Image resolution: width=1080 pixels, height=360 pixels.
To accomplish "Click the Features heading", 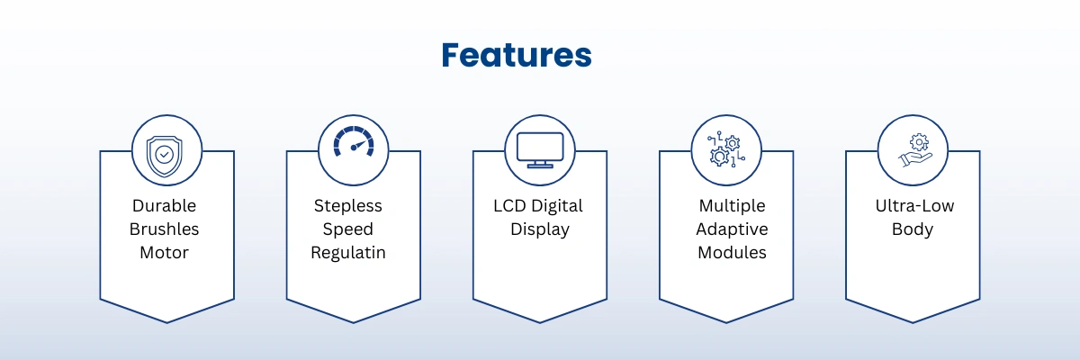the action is click(x=517, y=55).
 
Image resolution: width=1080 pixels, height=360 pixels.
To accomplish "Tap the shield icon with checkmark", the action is click(x=165, y=156).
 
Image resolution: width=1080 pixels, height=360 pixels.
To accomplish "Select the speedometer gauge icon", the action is click(x=354, y=141).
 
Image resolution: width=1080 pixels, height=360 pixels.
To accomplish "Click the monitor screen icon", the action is click(x=540, y=150).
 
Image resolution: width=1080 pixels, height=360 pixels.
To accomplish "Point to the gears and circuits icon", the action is click(x=726, y=149).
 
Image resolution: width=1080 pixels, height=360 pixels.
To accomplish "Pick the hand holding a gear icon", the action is click(x=915, y=150).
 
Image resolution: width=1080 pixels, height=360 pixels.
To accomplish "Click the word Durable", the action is click(x=165, y=206).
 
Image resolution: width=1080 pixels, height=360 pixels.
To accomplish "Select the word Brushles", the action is click(x=165, y=229).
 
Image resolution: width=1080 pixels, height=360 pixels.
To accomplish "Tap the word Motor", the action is click(x=165, y=253).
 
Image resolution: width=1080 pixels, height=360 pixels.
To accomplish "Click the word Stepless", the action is click(x=348, y=206).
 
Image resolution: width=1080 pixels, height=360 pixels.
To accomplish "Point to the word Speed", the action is click(x=348, y=229).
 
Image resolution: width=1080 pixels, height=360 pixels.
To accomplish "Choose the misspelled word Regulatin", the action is click(x=348, y=253).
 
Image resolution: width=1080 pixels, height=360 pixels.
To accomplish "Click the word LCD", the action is click(x=509, y=206).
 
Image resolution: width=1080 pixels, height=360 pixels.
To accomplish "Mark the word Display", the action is click(x=540, y=229).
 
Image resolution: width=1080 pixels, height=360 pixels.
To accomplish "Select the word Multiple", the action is click(x=732, y=206).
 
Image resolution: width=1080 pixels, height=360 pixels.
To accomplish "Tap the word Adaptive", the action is click(x=732, y=229).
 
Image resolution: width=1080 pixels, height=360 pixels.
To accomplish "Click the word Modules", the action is click(x=732, y=253).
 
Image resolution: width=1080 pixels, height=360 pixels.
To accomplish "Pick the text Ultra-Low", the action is click(x=914, y=206).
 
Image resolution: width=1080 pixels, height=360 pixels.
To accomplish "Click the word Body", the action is click(x=913, y=229).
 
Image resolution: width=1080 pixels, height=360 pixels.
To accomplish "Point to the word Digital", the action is click(x=557, y=206).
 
